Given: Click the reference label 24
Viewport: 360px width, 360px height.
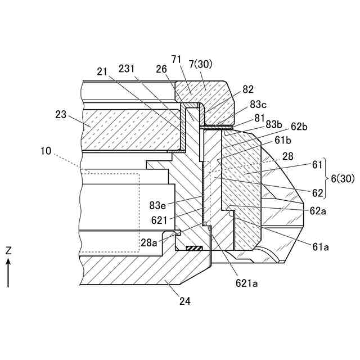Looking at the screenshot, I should pos(185,301).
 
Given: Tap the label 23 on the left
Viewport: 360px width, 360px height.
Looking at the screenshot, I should pos(61,115).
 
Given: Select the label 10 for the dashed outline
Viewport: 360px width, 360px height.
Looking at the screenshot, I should pos(46,151).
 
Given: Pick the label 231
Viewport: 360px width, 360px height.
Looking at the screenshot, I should pos(127,68).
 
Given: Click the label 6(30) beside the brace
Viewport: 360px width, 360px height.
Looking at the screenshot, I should pos(343,178).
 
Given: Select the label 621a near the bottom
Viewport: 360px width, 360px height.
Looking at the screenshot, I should pos(247,283).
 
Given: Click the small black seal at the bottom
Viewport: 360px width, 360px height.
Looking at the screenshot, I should pos(195,248).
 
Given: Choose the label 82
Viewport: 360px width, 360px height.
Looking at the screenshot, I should pos(248,89).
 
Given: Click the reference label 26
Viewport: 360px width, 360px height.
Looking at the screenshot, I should pos(162,69).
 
